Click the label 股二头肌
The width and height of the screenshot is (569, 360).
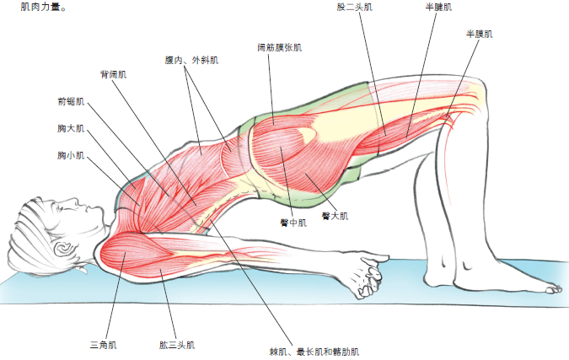pyautogui.click(x=354, y=7)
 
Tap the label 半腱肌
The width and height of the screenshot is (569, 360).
pyautogui.click(x=438, y=7)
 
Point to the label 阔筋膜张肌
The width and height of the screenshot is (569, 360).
pyautogui.click(x=279, y=48)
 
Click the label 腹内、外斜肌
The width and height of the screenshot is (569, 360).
pyautogui.click(x=191, y=61)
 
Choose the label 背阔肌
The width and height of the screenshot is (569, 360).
pyautogui.click(x=113, y=74)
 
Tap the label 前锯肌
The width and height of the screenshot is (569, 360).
pyautogui.click(x=71, y=102)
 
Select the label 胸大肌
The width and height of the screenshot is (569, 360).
pyautogui.click(x=71, y=129)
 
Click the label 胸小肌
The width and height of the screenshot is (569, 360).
pyautogui.click(x=71, y=156)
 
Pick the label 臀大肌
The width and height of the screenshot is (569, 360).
pyautogui.click(x=334, y=216)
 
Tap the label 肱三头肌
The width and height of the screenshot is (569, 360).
pyautogui.click(x=176, y=345)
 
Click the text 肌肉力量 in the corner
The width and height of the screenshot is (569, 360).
pyautogui.click(x=34, y=6)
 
